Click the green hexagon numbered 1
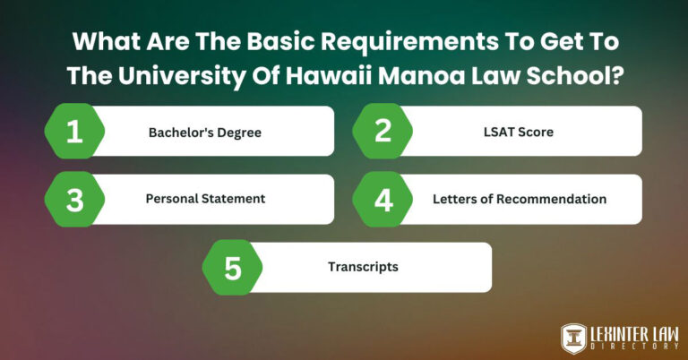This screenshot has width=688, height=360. (x=75, y=132)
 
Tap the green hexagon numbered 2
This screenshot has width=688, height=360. (x=383, y=132)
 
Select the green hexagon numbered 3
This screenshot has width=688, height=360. (x=75, y=199)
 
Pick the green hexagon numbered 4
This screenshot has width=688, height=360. (x=383, y=199)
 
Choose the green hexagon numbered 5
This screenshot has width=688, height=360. (x=233, y=267)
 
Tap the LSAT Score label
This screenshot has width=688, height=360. (x=513, y=132)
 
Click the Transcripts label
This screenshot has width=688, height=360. (x=363, y=267)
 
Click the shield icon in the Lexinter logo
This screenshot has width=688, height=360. (x=573, y=337)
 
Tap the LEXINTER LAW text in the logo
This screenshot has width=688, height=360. (x=632, y=331)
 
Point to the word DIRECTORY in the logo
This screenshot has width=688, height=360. (x=632, y=347)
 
